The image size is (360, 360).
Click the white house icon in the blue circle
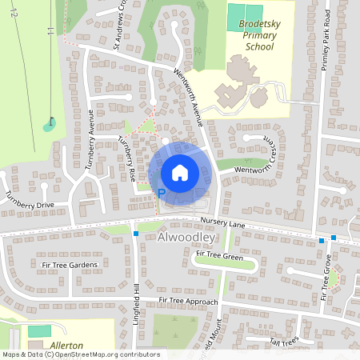pos(179,172)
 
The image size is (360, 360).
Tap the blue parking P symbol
pos(161,193)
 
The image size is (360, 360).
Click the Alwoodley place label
pos(186,238)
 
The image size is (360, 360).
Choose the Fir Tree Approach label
pos(188,301)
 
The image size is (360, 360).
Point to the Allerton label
pos(66,345)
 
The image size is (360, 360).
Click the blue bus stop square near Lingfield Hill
pos(136,234)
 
